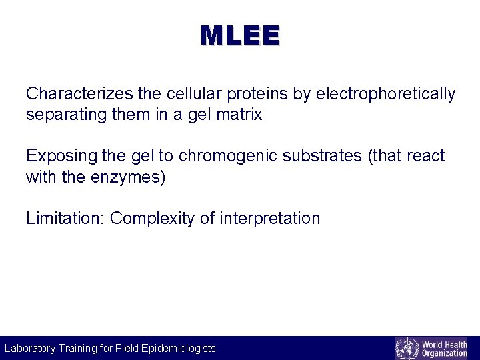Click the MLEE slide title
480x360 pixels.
(240, 36)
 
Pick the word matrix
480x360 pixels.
(239, 115)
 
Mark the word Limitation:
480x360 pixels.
(65, 219)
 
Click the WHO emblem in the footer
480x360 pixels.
(407, 348)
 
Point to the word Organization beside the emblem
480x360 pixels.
(445, 353)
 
